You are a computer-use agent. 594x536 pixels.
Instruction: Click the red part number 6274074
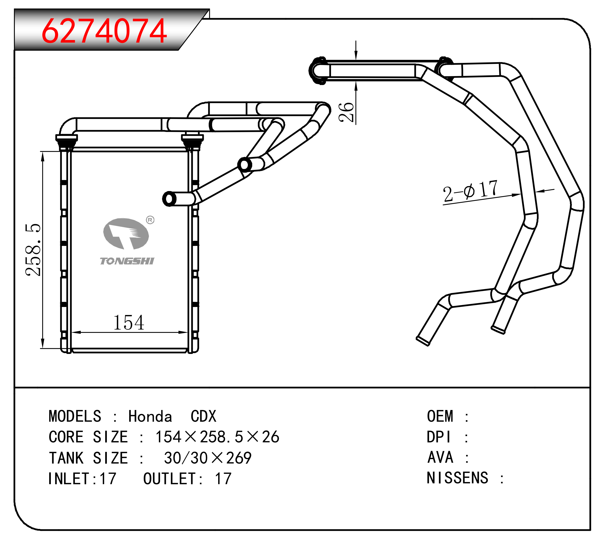tap(104, 31)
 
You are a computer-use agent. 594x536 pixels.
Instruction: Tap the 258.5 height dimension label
tap(33, 250)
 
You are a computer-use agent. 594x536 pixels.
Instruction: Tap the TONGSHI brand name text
tap(127, 261)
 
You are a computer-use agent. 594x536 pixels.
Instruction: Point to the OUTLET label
tap(169, 479)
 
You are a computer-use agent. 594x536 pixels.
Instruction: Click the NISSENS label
tap(458, 478)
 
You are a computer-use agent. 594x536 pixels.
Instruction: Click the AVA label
tap(440, 457)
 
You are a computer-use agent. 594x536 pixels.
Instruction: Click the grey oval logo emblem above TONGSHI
tap(126, 233)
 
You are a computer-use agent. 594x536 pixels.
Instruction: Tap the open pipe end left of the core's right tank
tap(169, 199)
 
